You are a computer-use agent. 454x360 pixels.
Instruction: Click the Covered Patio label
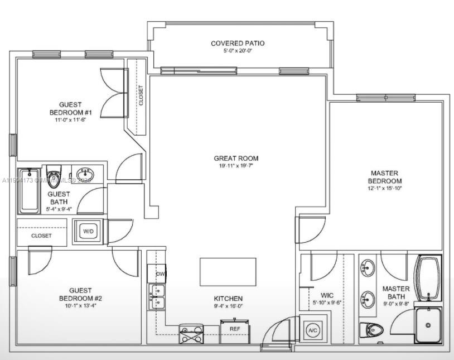(238, 43)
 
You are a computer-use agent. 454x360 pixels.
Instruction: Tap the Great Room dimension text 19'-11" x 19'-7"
(236, 166)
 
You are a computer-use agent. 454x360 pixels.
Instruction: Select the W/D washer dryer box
(88, 231)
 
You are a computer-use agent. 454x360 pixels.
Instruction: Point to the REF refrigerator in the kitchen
(235, 329)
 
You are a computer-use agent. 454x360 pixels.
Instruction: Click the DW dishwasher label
(160, 274)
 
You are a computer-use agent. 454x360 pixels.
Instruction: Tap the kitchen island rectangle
(228, 272)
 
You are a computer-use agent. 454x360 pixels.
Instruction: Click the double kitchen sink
(157, 297)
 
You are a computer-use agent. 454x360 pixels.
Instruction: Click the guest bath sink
(85, 174)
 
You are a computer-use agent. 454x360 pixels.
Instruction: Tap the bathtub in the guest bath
(29, 191)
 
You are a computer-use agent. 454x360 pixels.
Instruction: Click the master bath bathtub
(429, 277)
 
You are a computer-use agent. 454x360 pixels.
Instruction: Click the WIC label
(327, 295)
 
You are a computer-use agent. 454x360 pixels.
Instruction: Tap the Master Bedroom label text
(385, 177)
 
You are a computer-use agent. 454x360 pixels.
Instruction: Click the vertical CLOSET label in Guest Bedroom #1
(141, 95)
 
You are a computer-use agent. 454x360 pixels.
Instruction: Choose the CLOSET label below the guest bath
(41, 236)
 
